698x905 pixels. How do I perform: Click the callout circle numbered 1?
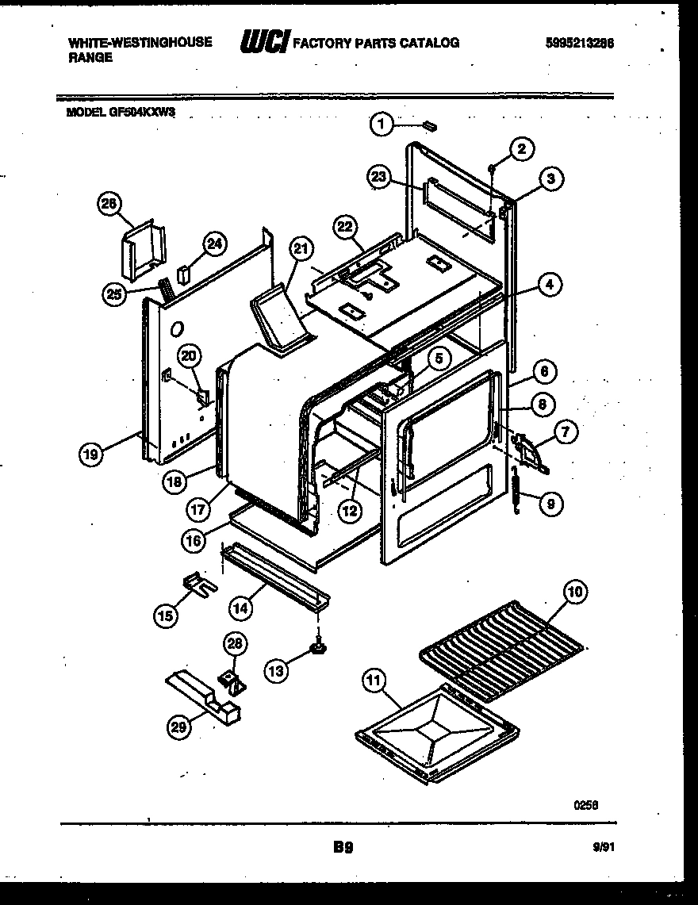click(x=382, y=123)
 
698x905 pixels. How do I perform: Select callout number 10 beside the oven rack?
click(x=574, y=592)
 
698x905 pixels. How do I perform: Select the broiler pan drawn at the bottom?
click(x=437, y=733)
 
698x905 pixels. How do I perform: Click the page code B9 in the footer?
click(x=343, y=847)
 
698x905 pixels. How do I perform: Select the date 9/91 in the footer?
click(x=603, y=847)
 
